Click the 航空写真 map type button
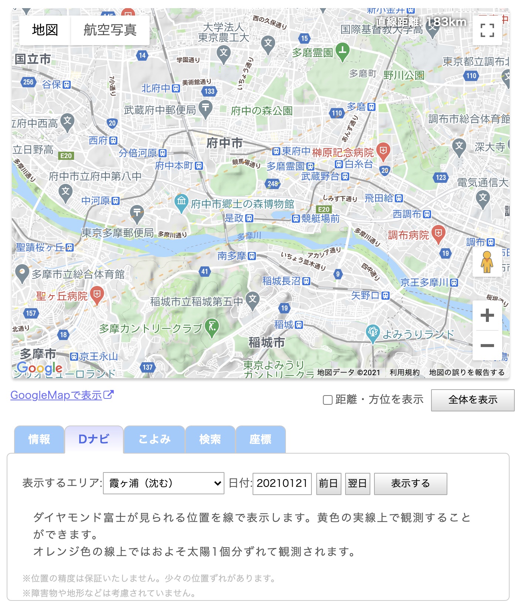(x=110, y=30)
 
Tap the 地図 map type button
(x=45, y=30)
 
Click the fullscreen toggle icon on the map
(x=487, y=30)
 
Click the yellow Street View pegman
(x=487, y=262)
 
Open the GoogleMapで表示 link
(x=62, y=395)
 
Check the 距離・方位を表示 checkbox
(x=328, y=400)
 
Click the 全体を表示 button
(x=473, y=400)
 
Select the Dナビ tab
(x=94, y=439)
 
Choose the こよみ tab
(x=154, y=439)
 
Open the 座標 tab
(x=260, y=439)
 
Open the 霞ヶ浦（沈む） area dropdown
(x=164, y=483)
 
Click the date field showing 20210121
(x=282, y=483)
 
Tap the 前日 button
(x=328, y=483)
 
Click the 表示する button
(x=410, y=483)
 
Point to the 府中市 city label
(x=224, y=143)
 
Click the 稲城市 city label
(x=267, y=343)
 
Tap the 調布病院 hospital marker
(x=438, y=233)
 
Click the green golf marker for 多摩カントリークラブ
(x=212, y=327)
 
